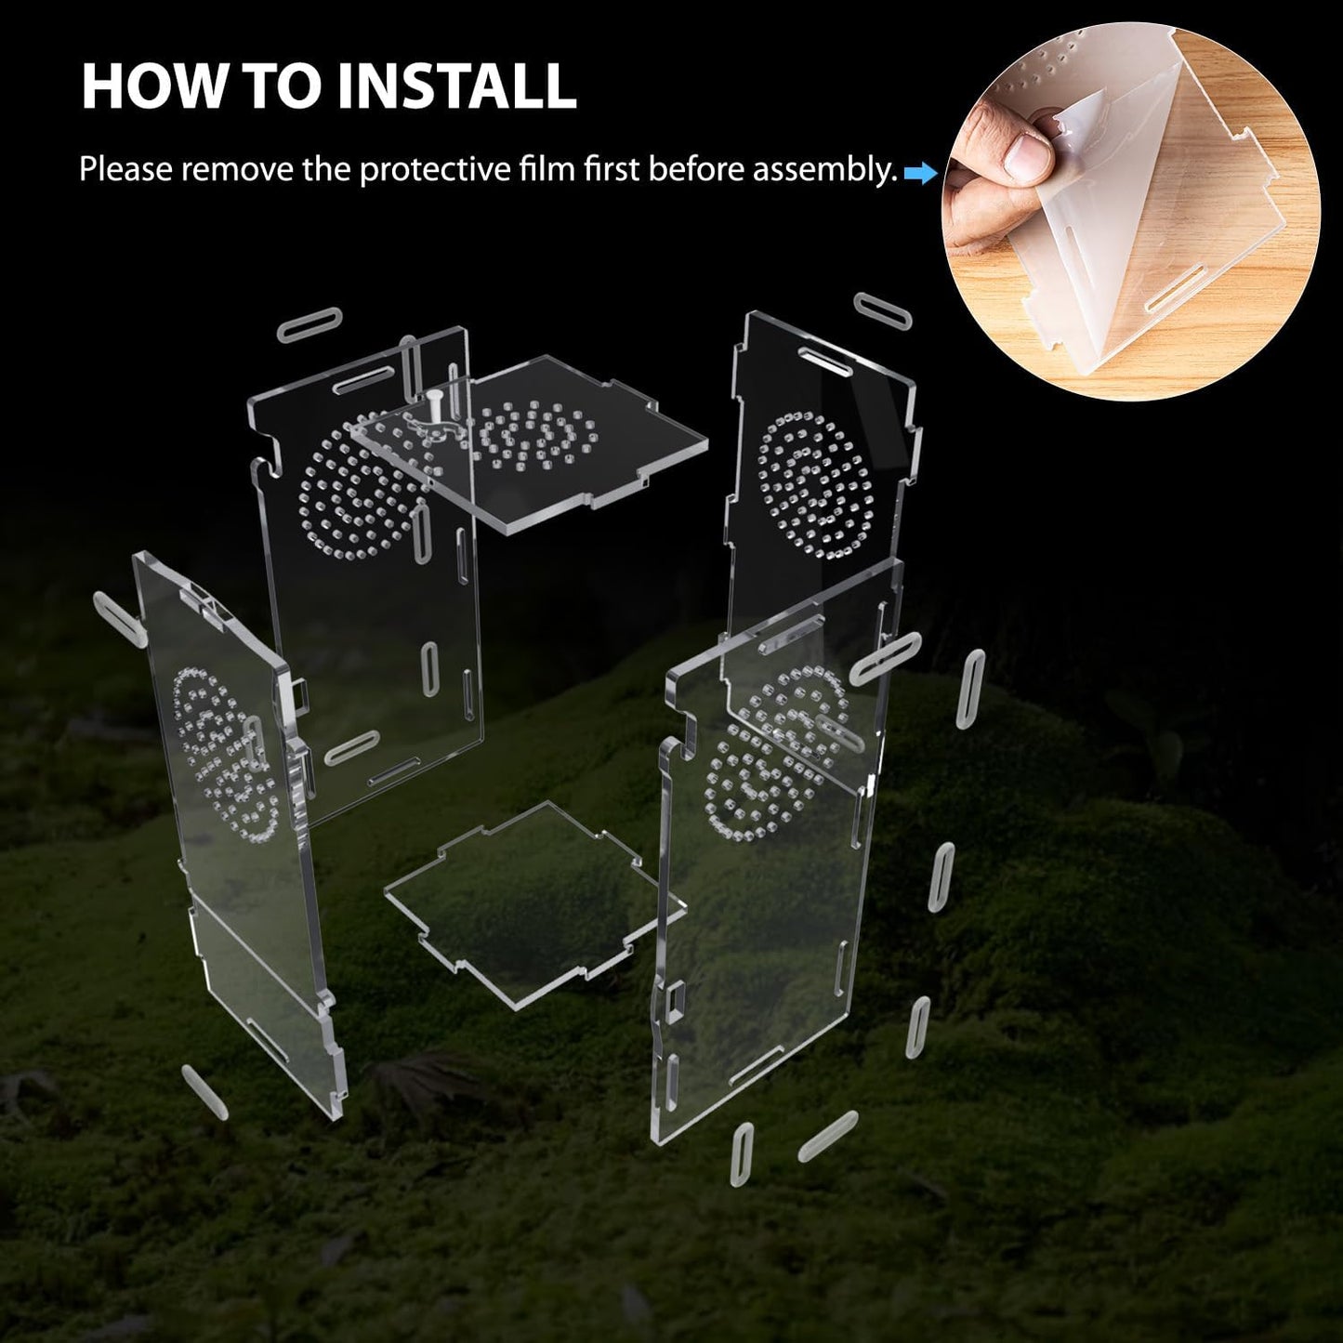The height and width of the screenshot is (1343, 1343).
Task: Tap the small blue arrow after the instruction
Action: click(x=919, y=172)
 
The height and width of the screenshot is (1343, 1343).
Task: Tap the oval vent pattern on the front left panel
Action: click(x=227, y=753)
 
